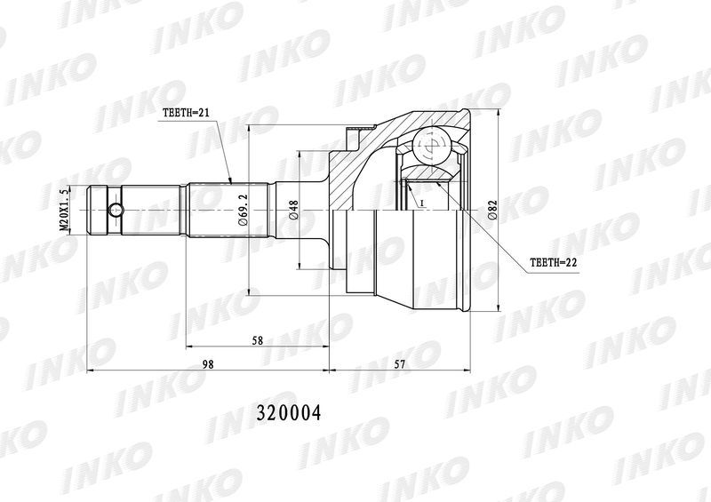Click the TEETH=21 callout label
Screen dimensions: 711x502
(186, 113)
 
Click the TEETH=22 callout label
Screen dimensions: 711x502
(553, 262)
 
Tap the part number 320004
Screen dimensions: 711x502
(289, 413)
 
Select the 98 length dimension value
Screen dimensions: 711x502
(208, 364)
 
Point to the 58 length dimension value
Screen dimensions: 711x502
(258, 340)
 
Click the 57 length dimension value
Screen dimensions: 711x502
(399, 364)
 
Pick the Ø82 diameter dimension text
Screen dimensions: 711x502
(492, 211)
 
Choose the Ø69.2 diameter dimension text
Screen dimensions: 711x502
(243, 210)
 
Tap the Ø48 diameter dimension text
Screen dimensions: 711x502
(293, 211)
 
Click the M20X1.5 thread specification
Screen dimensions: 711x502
(66, 210)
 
